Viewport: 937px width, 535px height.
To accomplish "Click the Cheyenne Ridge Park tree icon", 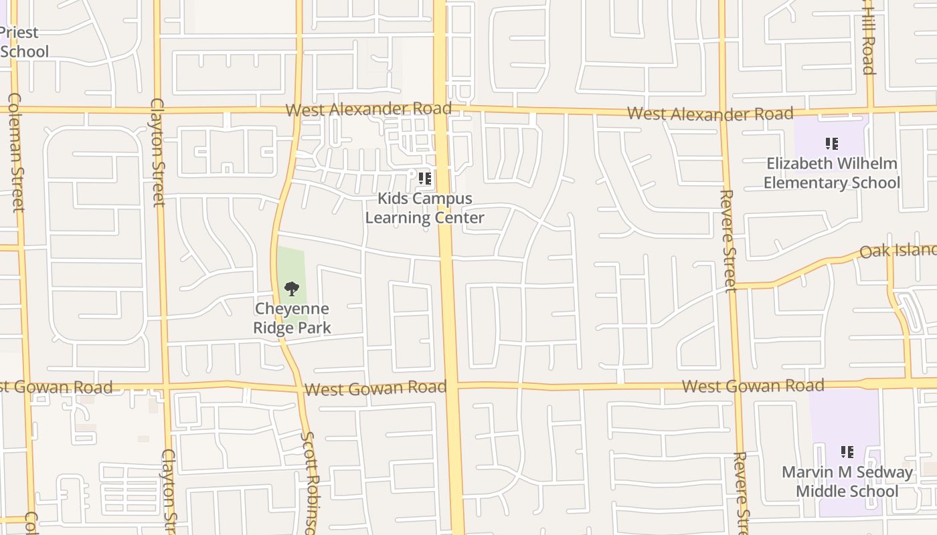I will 291,289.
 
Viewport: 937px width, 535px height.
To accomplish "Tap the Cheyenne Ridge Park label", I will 292,318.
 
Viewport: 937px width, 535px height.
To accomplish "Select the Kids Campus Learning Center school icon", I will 424,179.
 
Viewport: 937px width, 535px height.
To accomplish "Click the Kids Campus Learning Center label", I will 424,208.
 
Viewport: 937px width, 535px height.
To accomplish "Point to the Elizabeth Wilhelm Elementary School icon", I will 832,144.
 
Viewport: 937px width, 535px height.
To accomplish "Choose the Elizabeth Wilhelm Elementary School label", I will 832,173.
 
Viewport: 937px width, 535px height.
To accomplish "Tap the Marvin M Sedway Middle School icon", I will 847,453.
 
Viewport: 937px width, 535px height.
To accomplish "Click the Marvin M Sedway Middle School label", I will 847,482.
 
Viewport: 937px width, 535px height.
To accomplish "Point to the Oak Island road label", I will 898,251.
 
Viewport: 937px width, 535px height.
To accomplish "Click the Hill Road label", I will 868,37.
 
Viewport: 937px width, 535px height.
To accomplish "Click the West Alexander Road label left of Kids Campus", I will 369,109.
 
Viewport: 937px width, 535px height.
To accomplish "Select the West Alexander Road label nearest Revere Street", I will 709,114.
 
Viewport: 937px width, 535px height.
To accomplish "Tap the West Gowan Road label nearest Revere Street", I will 753,386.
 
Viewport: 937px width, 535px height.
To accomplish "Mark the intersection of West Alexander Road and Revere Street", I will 723,111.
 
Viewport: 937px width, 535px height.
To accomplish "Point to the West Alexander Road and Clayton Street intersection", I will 158,110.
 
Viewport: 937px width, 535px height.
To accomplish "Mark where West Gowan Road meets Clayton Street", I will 166,386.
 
